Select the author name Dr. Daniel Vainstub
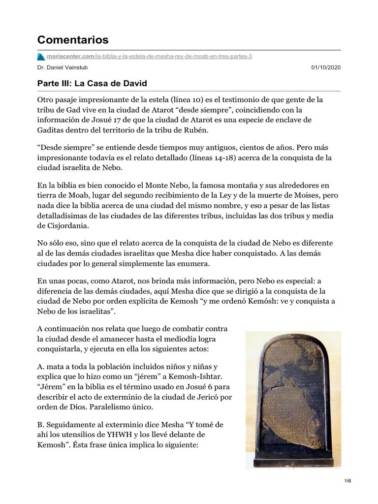(62, 67)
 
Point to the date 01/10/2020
(326, 67)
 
